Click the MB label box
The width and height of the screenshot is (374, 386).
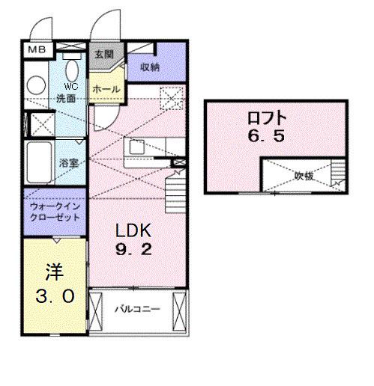click(x=37, y=49)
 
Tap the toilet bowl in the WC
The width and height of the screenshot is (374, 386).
click(x=72, y=70)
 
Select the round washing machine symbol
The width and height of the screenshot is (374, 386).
click(x=36, y=85)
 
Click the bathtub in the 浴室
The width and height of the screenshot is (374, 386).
click(x=39, y=162)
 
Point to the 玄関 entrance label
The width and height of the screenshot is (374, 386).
click(x=104, y=54)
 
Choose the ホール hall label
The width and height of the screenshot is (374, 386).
click(x=106, y=89)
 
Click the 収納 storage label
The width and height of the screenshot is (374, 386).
click(x=149, y=67)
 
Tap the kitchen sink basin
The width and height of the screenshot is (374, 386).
click(x=136, y=147)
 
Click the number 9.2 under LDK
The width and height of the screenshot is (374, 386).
click(x=133, y=249)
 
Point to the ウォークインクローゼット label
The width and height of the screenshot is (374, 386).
click(x=55, y=212)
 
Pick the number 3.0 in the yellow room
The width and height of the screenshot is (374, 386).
click(x=55, y=296)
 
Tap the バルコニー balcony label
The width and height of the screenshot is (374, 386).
click(x=137, y=309)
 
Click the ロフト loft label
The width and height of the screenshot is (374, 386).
click(x=266, y=118)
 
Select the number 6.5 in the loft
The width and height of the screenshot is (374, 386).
click(x=266, y=136)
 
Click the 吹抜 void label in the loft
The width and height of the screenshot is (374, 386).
click(x=304, y=176)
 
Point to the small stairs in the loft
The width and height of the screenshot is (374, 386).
click(x=338, y=174)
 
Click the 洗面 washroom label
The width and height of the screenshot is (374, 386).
click(x=66, y=99)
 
